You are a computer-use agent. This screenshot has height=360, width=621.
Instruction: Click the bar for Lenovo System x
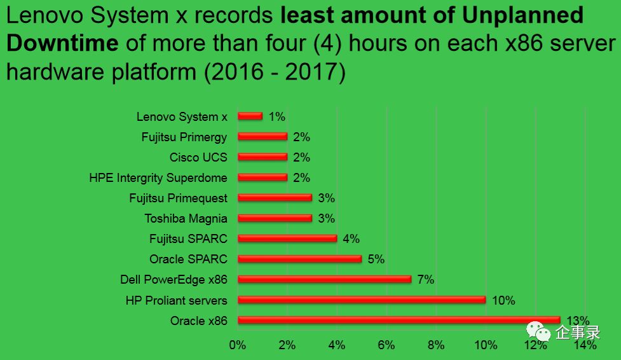(250, 116)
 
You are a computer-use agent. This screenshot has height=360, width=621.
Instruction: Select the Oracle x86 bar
(399, 320)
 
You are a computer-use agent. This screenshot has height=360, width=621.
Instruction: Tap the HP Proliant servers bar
(361, 300)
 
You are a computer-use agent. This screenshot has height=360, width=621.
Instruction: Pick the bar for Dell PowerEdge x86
(324, 279)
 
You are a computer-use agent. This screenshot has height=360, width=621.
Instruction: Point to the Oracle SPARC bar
(299, 259)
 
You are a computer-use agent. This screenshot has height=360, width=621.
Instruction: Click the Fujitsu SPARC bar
(287, 239)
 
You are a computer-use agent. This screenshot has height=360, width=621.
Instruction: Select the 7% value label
(426, 279)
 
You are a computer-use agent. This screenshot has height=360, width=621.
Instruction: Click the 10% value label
(503, 300)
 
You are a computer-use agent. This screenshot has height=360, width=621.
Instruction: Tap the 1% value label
(276, 116)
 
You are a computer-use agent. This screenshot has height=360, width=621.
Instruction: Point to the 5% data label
(376, 259)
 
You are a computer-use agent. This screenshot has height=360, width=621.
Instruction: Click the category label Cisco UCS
(198, 157)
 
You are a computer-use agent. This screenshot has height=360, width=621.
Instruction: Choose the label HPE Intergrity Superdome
(158, 177)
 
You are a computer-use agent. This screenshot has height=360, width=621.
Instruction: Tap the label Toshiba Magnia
(186, 218)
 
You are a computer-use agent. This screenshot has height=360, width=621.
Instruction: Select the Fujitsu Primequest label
(178, 198)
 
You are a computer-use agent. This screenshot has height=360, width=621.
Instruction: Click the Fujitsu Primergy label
(184, 137)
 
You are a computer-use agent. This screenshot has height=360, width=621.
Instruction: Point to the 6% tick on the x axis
(386, 345)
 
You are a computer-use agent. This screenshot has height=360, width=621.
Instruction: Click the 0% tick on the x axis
(237, 345)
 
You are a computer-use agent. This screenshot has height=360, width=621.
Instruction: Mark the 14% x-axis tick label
(585, 345)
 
